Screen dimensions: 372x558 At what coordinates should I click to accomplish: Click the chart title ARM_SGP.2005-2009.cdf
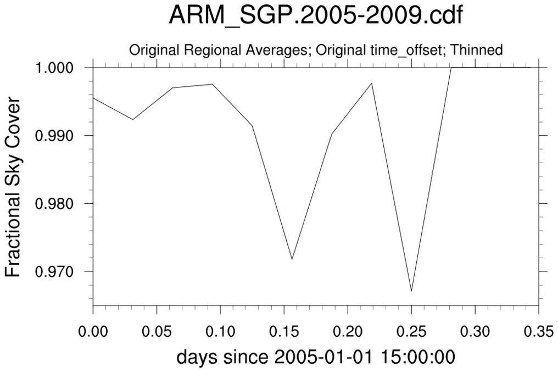[316, 17]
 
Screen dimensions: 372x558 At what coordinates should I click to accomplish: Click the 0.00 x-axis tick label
[93, 333]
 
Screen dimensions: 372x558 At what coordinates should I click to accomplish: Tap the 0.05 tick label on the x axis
[157, 333]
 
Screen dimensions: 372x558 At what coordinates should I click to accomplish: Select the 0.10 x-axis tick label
[220, 333]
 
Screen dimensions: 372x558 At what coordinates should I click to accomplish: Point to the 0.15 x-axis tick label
[284, 333]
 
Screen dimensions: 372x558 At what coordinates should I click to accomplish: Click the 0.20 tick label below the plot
[348, 333]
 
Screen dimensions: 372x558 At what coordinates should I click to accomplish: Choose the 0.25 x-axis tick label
[411, 333]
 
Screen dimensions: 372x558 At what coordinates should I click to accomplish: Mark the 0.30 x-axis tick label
[475, 333]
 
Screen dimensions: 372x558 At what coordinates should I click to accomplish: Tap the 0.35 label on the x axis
[538, 333]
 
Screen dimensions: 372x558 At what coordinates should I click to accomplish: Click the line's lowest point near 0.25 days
[411, 291]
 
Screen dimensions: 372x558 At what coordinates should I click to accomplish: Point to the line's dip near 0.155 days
[292, 259]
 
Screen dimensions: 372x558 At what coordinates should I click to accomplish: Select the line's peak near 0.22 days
[372, 83]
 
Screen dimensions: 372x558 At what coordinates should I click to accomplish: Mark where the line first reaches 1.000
[451, 68]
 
